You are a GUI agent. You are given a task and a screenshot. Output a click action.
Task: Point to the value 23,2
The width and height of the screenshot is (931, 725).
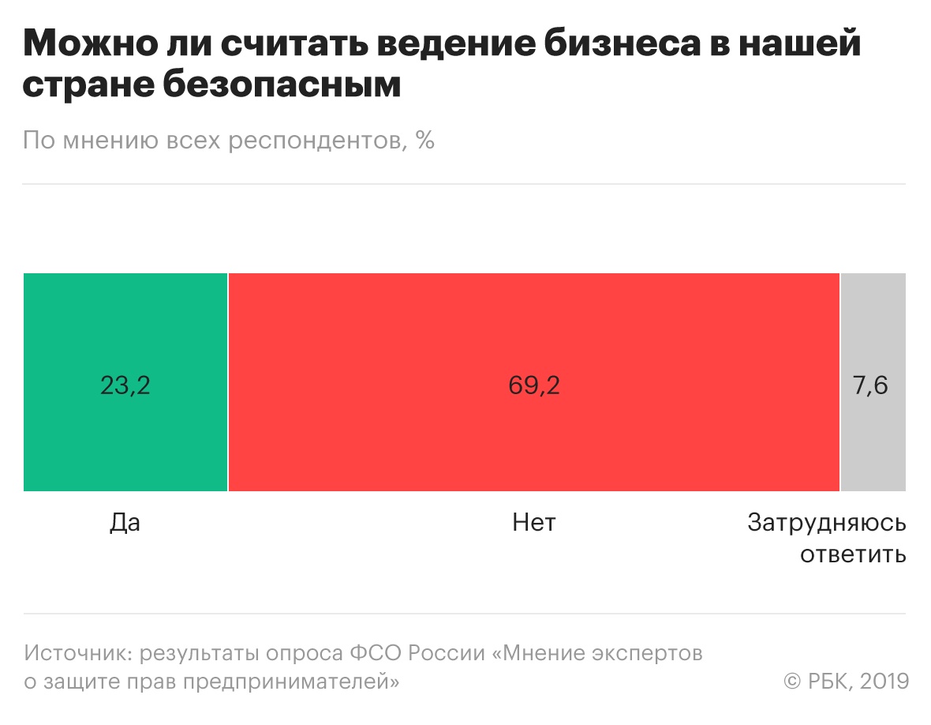click(x=125, y=386)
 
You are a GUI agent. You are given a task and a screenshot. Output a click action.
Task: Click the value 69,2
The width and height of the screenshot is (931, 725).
click(x=534, y=386)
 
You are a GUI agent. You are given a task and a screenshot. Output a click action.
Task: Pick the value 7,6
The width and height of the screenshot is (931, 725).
click(x=871, y=386)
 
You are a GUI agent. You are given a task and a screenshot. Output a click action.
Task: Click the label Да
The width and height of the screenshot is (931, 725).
click(x=125, y=522)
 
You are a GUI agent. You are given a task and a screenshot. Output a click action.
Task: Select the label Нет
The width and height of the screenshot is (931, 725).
click(x=534, y=522)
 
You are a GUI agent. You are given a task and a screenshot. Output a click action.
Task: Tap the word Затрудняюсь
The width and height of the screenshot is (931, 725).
click(x=827, y=524)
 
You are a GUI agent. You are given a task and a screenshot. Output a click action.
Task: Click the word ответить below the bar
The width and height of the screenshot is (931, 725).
click(x=853, y=554)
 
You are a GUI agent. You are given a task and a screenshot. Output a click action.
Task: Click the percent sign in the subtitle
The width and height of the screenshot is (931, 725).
click(x=425, y=141)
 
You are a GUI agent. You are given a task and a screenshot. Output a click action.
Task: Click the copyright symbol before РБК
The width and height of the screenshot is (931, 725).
click(x=792, y=682)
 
